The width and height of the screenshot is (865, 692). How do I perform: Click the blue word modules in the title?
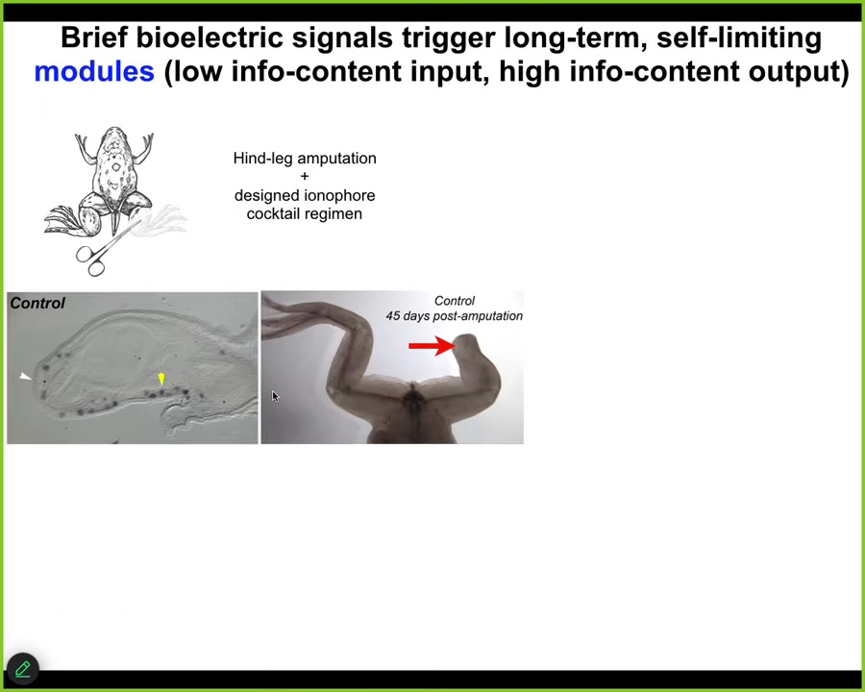click(x=94, y=72)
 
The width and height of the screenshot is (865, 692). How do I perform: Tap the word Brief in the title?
click(x=94, y=37)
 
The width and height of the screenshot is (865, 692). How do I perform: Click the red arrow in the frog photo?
click(x=432, y=346)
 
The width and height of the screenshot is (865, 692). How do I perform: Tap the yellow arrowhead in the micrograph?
click(x=161, y=379)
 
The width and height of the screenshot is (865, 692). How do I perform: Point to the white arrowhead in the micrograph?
click(x=25, y=377)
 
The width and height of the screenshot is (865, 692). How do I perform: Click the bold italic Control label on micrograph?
click(x=37, y=303)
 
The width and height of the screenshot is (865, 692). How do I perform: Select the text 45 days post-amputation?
click(x=454, y=316)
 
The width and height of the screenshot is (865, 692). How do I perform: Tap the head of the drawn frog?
click(x=114, y=139)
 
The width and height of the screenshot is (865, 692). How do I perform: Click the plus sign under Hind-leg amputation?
click(x=305, y=177)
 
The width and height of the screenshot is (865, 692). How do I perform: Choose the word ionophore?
click(x=340, y=196)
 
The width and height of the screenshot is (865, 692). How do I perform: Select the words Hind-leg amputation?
click(x=305, y=159)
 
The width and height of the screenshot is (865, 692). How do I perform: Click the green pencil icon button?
click(x=23, y=669)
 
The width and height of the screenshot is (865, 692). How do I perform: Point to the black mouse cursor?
click(x=275, y=397)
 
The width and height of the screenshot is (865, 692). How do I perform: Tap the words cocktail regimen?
click(x=305, y=214)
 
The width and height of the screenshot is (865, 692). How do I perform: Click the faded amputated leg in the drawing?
click(x=163, y=221)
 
